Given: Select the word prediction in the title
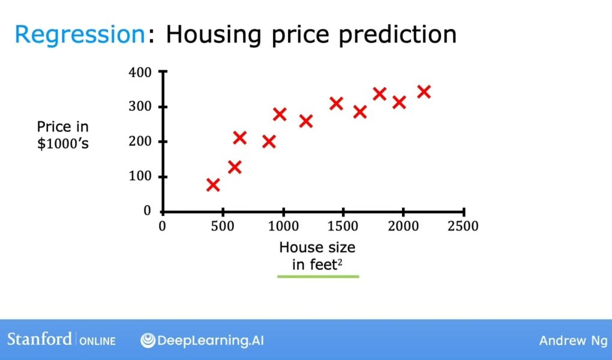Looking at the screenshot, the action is (x=397, y=35).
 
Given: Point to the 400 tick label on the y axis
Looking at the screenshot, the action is (x=140, y=72).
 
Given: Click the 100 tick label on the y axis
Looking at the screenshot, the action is (x=140, y=176).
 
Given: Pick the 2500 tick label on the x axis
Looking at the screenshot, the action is (x=463, y=226).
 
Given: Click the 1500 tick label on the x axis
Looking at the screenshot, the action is (x=343, y=226).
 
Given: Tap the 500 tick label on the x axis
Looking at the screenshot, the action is (x=223, y=226).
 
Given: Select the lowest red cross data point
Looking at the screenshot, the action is (x=213, y=185).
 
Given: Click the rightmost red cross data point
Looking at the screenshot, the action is (x=424, y=92).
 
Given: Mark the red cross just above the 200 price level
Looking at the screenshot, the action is (x=239, y=137).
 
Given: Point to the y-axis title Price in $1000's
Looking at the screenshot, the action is (x=63, y=135).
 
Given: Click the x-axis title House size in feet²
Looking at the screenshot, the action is (x=317, y=256).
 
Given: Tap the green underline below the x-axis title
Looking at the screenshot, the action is (x=318, y=277).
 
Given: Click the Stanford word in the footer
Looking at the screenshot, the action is (x=40, y=339).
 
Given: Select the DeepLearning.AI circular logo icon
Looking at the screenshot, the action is (x=148, y=340).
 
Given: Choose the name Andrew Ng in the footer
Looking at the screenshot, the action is (x=574, y=340).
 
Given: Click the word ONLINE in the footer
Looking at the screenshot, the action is (x=98, y=341).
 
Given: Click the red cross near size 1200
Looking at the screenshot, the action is (x=306, y=121).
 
